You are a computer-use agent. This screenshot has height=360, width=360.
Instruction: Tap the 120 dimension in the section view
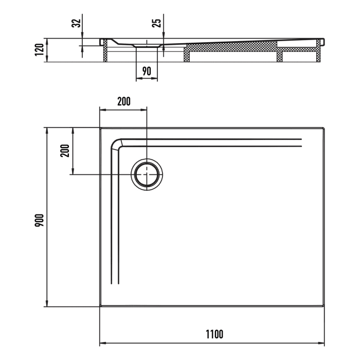39,50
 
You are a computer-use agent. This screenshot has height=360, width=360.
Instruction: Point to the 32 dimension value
75,23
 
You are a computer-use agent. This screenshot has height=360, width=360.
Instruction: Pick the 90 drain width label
147,71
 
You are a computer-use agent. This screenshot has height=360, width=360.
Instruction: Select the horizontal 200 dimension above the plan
123,101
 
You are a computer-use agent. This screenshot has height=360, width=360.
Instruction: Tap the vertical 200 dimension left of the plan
65,150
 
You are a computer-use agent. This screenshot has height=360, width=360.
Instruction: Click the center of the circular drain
147,174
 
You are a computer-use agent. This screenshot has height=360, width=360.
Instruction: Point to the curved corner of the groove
117,145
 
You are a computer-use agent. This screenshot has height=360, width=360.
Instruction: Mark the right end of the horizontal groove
301,143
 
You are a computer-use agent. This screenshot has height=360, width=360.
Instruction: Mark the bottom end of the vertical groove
115,283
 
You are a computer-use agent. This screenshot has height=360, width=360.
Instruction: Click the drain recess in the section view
147,47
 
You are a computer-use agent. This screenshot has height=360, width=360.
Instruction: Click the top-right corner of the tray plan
325,128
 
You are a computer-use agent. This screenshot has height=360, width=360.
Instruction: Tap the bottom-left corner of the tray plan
100,307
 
